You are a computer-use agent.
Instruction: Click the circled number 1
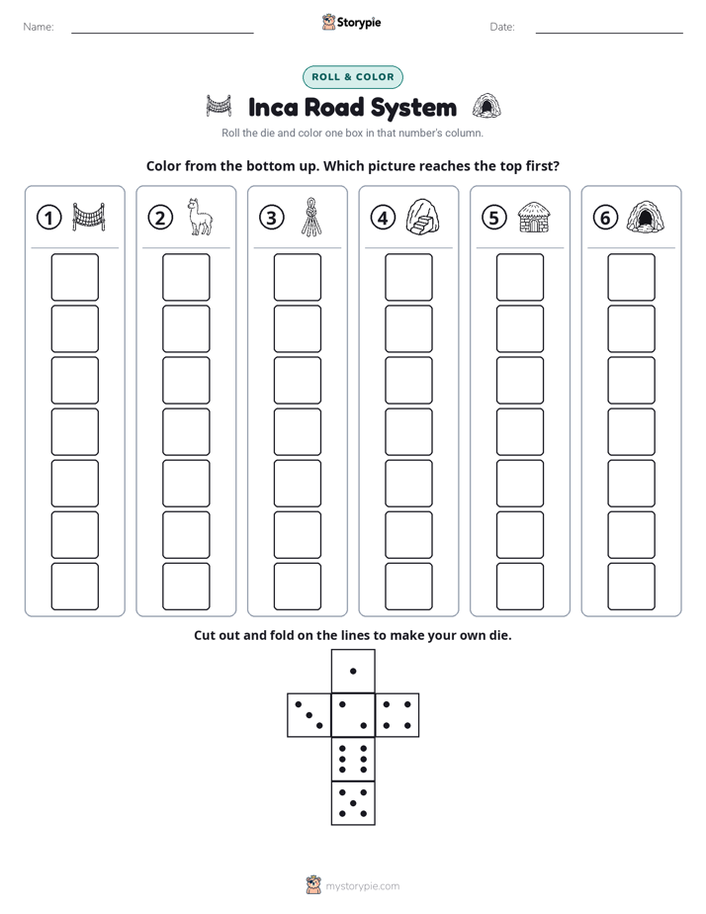click(48, 218)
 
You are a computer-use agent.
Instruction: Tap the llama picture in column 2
click(199, 217)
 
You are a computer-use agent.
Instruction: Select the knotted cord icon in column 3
click(311, 217)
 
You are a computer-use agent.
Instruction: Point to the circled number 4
click(383, 218)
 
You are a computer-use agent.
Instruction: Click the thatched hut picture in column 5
click(534, 217)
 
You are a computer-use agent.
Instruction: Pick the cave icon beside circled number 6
click(646, 217)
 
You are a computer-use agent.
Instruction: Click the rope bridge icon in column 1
click(89, 217)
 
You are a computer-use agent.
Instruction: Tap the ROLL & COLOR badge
click(353, 77)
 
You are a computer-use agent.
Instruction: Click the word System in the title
click(413, 108)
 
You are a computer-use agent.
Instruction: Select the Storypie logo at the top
click(352, 22)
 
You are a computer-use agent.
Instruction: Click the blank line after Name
click(162, 33)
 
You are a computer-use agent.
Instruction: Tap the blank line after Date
click(609, 33)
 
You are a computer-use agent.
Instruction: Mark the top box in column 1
click(75, 277)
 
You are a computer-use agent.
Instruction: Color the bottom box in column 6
click(632, 587)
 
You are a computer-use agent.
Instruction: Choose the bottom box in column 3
click(298, 587)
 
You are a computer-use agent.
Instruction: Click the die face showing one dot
click(353, 672)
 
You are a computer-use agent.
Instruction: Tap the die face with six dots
click(353, 759)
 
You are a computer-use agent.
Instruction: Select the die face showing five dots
click(353, 803)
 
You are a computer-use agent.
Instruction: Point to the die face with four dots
click(397, 715)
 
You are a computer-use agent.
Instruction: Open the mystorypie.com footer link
click(362, 886)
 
